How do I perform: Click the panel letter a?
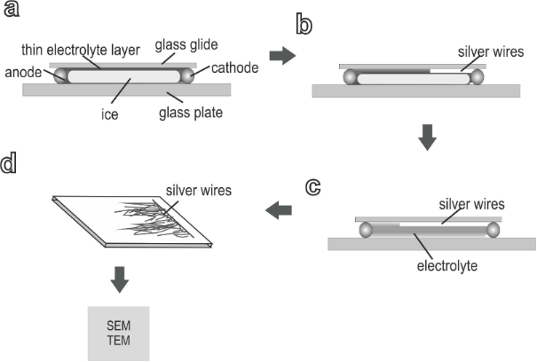(x=11, y=9)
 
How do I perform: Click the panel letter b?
(x=304, y=23)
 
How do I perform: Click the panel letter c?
(x=312, y=187)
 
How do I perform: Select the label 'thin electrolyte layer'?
(x=81, y=50)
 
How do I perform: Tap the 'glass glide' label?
(x=186, y=45)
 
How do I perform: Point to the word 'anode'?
(x=23, y=72)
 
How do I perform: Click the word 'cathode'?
(x=235, y=67)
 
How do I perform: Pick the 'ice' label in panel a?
(x=109, y=114)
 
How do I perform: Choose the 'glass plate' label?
(x=191, y=113)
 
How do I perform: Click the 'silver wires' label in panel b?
(x=491, y=51)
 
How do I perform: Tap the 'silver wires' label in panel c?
(x=471, y=204)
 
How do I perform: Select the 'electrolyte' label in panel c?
(x=447, y=265)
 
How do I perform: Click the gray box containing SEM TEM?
(x=119, y=334)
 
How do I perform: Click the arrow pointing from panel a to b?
(x=282, y=56)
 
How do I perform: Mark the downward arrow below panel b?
(x=427, y=138)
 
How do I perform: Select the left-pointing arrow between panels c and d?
(x=279, y=210)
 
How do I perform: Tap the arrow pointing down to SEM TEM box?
(x=120, y=279)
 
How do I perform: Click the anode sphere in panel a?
(x=61, y=75)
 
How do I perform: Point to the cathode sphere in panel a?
(x=187, y=75)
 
